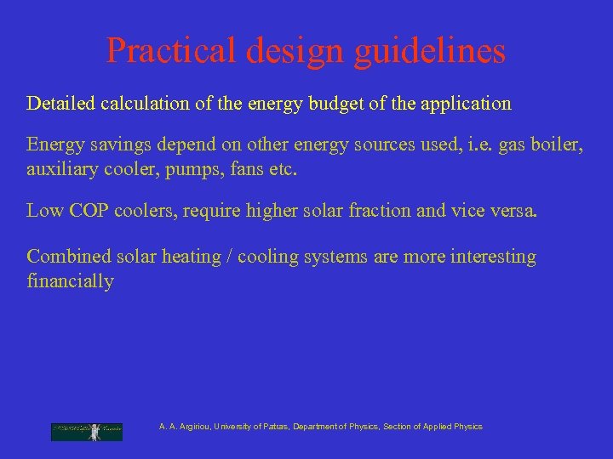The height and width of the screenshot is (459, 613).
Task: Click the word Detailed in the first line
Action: click(x=62, y=104)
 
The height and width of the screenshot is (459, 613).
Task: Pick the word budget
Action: click(x=348, y=104)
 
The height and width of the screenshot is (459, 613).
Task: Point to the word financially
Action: click(x=70, y=281)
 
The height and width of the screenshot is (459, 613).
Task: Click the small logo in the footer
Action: click(x=86, y=431)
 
